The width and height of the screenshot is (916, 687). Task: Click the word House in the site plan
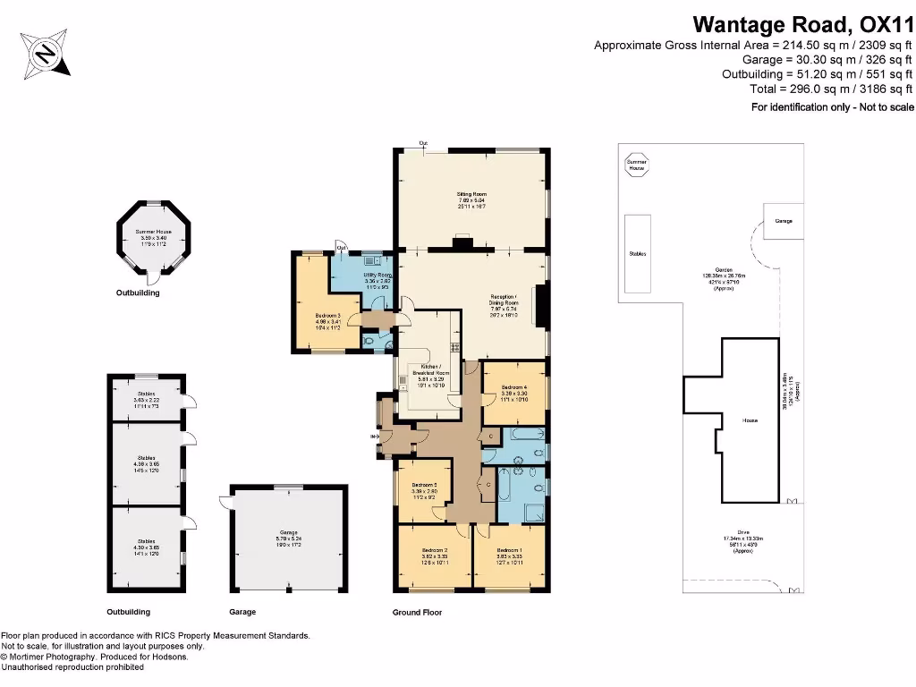[750, 419]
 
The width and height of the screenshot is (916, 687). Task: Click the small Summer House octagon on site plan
[636, 166]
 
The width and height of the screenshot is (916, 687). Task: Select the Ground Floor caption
[417, 613]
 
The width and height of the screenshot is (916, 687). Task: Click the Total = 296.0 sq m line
[831, 89]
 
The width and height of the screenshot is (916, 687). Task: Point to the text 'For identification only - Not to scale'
[831, 107]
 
